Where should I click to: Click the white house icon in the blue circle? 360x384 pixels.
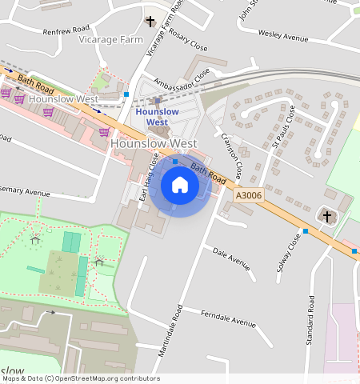coord(180,186)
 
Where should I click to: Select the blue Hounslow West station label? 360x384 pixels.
coord(157,117)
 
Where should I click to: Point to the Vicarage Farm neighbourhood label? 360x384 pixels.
coord(108,39)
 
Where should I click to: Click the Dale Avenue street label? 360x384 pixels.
coord(231,255)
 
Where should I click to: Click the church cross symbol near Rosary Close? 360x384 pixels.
coord(150,22)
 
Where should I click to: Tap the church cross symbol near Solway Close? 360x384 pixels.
coord(325,215)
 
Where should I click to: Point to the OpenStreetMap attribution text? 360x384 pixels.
coord(80,378)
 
